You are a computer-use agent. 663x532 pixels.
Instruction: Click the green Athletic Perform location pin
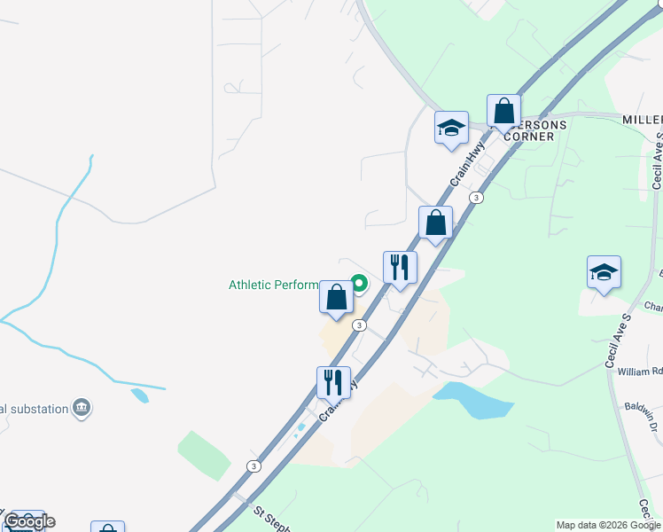(359, 284)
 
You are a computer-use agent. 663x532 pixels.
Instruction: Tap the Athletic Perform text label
(273, 285)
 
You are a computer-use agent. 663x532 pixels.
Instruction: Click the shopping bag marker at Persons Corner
(503, 112)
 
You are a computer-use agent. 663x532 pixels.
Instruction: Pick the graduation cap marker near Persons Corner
(451, 128)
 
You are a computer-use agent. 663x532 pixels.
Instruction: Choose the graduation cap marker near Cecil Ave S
(604, 273)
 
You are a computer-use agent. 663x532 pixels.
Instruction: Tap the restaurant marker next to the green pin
(400, 267)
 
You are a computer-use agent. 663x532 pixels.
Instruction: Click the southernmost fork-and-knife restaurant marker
(333, 383)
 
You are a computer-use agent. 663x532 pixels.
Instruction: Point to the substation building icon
(82, 408)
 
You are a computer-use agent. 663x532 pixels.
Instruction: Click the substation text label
(34, 409)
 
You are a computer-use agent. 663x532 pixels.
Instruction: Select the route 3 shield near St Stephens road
(254, 465)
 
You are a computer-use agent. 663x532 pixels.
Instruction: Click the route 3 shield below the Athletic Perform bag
(358, 325)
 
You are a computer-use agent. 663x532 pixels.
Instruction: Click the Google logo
(28, 521)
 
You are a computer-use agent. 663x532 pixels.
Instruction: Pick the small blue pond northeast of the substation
(140, 395)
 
